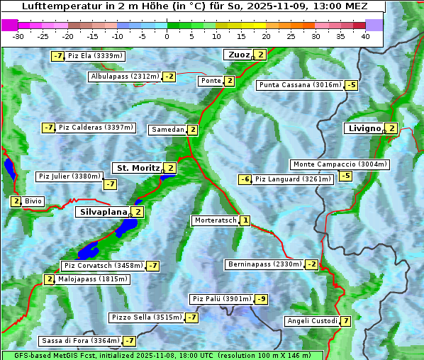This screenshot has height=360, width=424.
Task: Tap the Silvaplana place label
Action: (104, 212)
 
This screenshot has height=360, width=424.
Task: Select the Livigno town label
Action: (364, 128)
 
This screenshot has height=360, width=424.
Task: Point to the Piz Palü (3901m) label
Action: (221, 299)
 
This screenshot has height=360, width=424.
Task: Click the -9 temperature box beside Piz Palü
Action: (262, 299)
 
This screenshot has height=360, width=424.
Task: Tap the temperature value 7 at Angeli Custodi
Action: (345, 321)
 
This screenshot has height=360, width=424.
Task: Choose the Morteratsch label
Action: (216, 220)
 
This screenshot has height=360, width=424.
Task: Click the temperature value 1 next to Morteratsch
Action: (245, 220)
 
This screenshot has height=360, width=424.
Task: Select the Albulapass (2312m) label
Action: (125, 77)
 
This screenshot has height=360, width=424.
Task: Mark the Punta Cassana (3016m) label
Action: (299, 85)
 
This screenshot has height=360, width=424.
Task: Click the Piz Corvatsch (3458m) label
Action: (103, 266)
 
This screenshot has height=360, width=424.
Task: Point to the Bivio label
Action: (33, 201)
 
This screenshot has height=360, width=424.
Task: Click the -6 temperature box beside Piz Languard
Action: (245, 179)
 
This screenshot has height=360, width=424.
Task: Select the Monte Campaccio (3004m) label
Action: (340, 164)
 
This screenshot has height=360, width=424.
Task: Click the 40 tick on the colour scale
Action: (365, 36)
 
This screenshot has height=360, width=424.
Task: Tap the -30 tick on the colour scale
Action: (18, 36)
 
